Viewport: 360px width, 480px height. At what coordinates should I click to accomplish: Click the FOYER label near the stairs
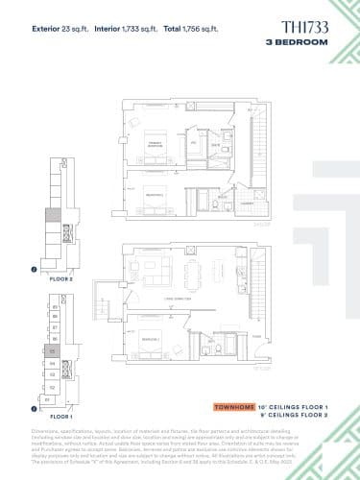(x=256, y=336)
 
